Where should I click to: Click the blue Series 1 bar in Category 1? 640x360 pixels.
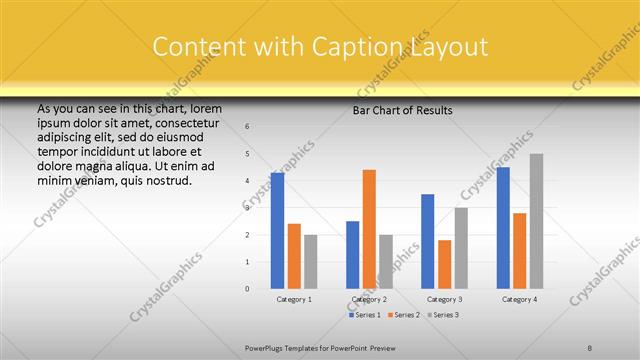(x=277, y=231)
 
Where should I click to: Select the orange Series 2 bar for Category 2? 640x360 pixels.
(x=369, y=229)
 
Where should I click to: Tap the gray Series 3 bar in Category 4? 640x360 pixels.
(x=536, y=221)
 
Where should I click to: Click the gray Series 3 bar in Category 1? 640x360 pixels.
(x=311, y=262)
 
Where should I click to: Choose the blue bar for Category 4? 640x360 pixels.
(x=503, y=228)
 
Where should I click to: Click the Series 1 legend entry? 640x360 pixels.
(x=367, y=315)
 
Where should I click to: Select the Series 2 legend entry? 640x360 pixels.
(x=405, y=315)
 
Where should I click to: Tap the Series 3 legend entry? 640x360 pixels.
(x=443, y=315)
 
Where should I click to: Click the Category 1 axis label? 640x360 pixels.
(x=294, y=299)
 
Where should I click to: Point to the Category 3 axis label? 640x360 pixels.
(x=445, y=299)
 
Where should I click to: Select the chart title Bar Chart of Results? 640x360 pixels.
(x=402, y=110)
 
